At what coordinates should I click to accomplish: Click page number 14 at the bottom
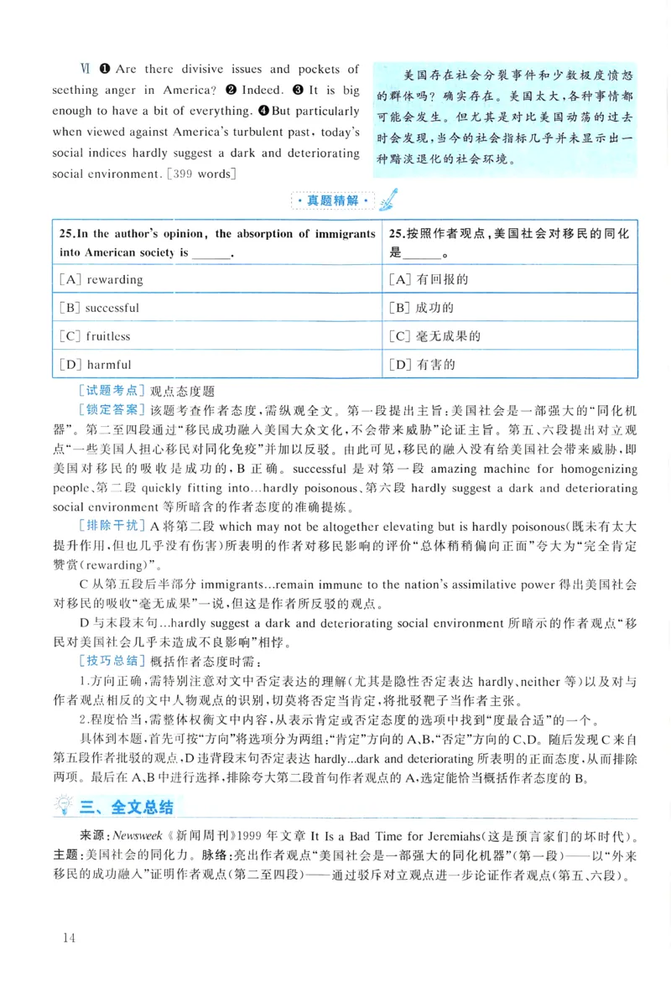tap(68, 938)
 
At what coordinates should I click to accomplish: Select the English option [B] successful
tap(100, 308)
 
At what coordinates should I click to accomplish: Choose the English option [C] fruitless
tap(96, 336)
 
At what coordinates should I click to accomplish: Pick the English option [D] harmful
tap(96, 365)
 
